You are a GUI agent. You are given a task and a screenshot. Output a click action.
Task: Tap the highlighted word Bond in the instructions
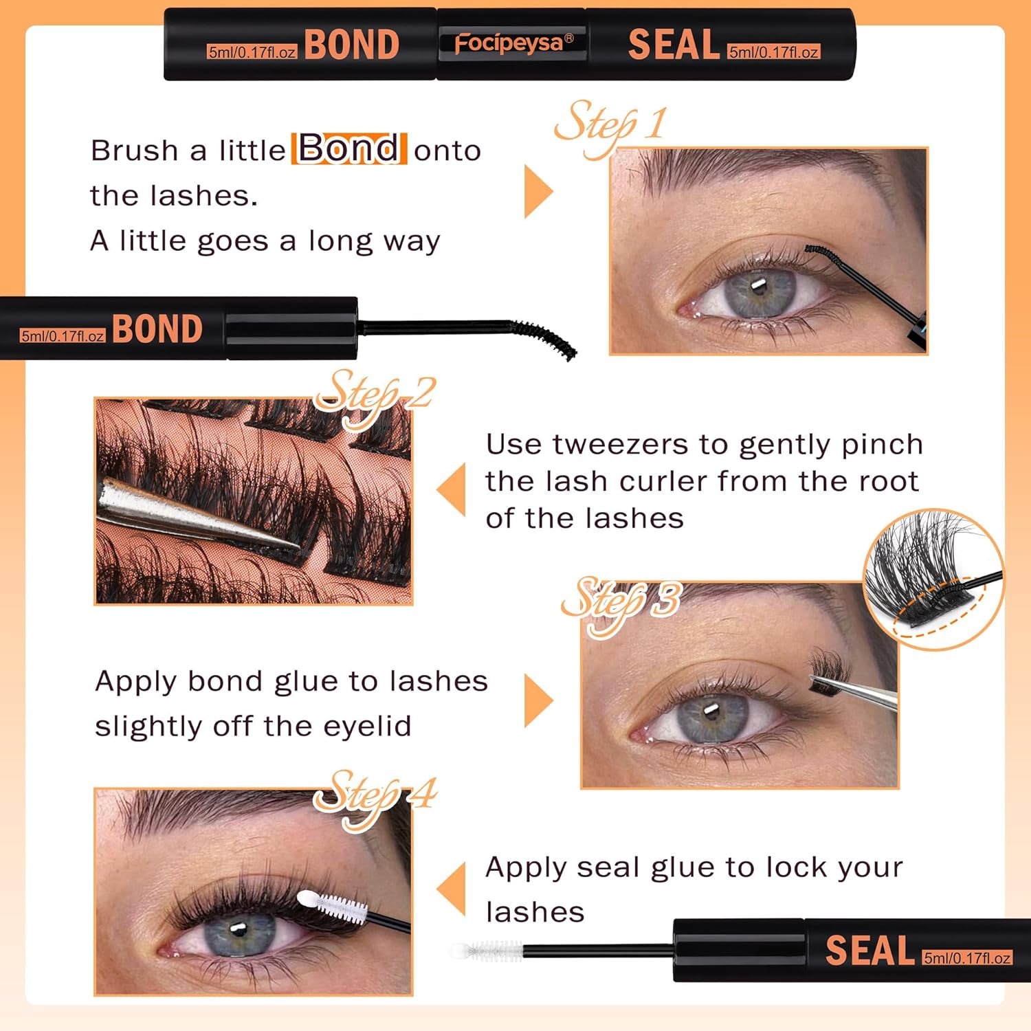(x=349, y=148)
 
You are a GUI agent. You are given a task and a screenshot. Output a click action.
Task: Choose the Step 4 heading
(x=375, y=796)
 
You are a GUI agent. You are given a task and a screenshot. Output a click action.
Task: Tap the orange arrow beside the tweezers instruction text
(x=452, y=489)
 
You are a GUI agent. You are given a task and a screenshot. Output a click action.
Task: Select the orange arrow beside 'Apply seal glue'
(x=452, y=889)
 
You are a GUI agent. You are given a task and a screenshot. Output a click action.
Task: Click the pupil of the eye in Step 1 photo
(x=758, y=287)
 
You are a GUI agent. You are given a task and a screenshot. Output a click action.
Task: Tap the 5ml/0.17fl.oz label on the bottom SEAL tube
(x=966, y=958)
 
